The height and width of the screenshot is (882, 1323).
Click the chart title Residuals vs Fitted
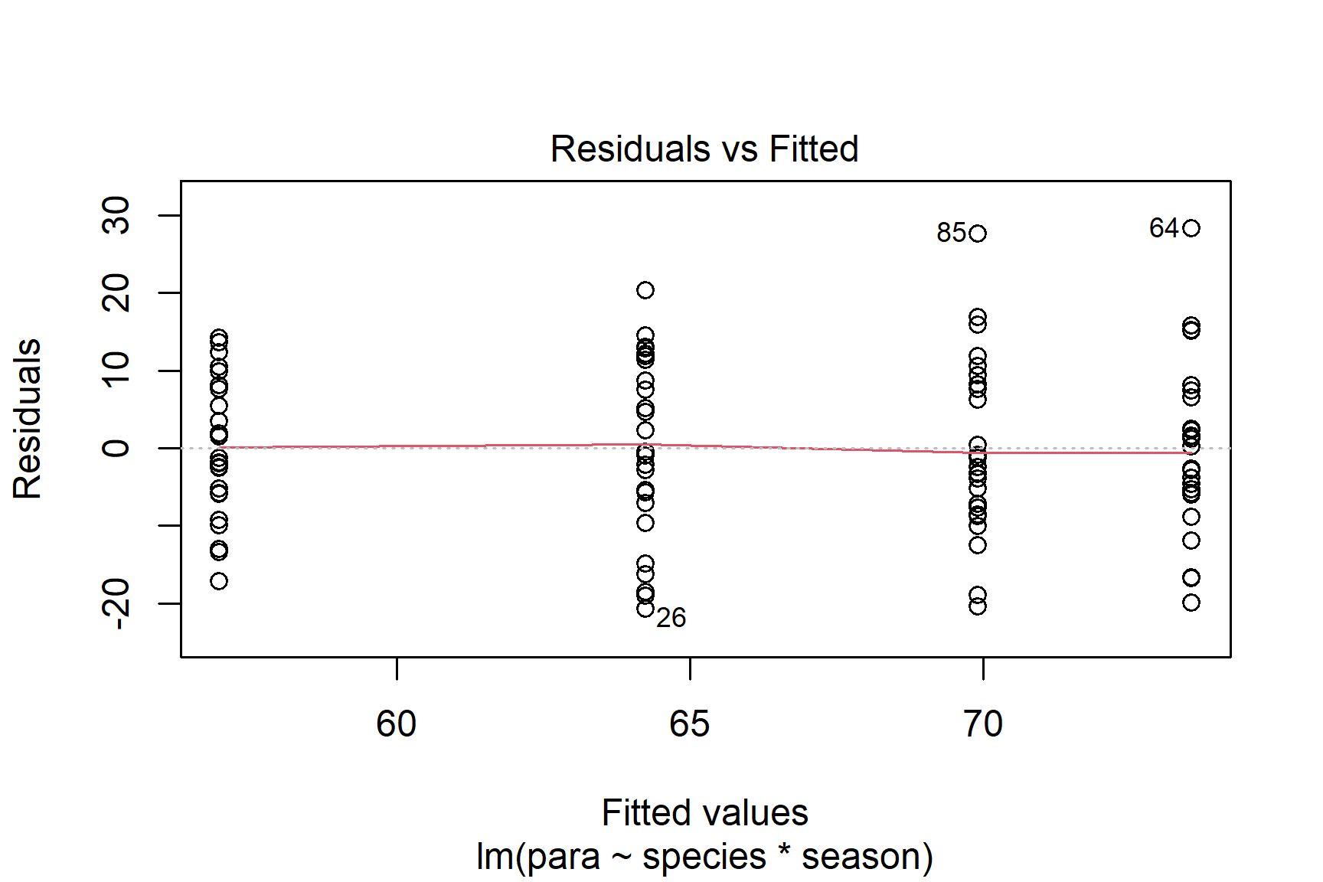click(x=704, y=149)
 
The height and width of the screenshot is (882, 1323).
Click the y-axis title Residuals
click(x=28, y=419)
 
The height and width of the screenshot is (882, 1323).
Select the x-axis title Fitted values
click(x=704, y=813)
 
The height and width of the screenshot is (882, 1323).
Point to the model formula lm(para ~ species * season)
click(x=704, y=856)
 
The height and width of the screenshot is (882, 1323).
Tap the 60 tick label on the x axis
click(x=396, y=724)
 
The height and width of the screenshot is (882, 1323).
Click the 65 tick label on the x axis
click(x=689, y=724)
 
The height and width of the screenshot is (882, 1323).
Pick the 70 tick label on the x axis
click(x=982, y=724)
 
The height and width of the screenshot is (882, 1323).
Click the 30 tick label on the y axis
click(x=116, y=215)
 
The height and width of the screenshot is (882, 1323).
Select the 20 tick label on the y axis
click(x=116, y=292)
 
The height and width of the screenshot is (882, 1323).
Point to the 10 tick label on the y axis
click(x=116, y=371)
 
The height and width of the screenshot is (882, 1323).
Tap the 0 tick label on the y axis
click(x=116, y=448)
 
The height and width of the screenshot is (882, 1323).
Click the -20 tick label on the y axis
click(x=116, y=603)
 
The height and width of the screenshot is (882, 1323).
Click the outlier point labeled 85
click(x=978, y=234)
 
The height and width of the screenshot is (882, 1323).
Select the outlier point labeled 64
click(x=1191, y=228)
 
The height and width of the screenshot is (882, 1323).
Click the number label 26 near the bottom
click(x=671, y=618)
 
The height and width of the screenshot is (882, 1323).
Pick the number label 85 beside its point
click(x=952, y=233)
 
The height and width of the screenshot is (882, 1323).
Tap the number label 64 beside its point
click(x=1164, y=228)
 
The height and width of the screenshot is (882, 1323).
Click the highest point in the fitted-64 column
click(x=645, y=290)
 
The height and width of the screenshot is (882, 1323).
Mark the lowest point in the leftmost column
click(x=219, y=581)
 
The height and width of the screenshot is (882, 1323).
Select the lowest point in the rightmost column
click(x=1191, y=603)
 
